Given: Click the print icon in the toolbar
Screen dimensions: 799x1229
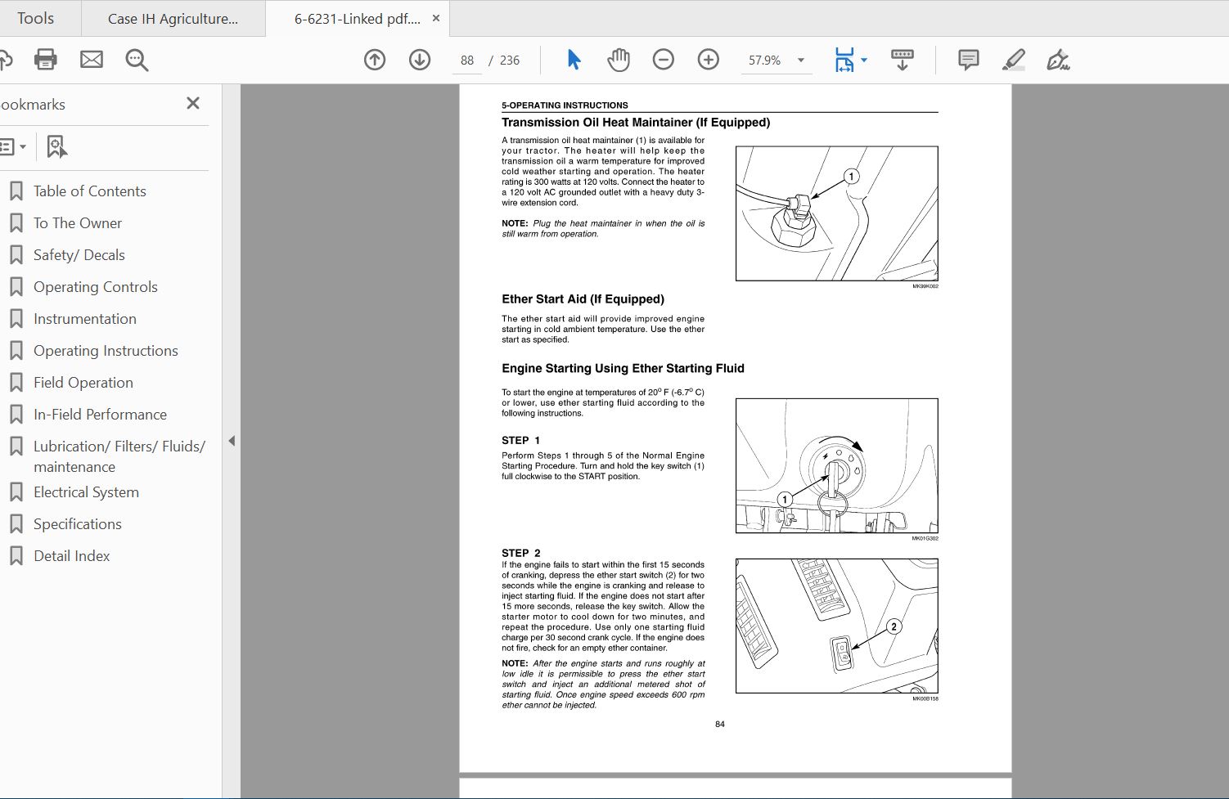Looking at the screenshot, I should [x=46, y=60].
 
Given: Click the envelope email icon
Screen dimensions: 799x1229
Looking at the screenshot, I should [x=92, y=60].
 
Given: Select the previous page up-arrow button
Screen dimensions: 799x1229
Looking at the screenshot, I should [x=375, y=60].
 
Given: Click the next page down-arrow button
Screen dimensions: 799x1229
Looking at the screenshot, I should [x=420, y=60].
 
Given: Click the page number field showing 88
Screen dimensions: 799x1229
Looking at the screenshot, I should [x=467, y=61].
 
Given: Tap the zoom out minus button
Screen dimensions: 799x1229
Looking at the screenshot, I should [x=664, y=60].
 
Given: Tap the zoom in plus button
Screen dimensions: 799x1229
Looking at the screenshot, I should [x=709, y=60].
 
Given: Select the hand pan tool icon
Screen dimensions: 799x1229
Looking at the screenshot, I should [x=619, y=60].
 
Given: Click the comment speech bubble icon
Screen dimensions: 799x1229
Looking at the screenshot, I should [x=968, y=60].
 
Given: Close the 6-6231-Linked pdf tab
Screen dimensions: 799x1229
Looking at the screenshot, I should [x=436, y=18].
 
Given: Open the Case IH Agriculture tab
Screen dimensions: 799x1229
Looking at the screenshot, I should [x=173, y=19].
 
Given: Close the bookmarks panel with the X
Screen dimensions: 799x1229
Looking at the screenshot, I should [x=193, y=103].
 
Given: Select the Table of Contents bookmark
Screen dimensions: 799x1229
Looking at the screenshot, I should [x=89, y=191].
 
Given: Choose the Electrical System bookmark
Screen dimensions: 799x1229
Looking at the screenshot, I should [x=86, y=492].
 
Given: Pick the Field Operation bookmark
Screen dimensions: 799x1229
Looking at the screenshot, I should [x=83, y=383].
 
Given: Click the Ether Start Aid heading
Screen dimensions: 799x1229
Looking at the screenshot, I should [x=583, y=299].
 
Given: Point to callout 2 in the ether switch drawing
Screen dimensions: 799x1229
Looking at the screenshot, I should [x=894, y=626].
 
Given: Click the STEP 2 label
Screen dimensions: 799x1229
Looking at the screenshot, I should [x=520, y=553].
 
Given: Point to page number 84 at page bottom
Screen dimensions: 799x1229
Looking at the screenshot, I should [x=719, y=724].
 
